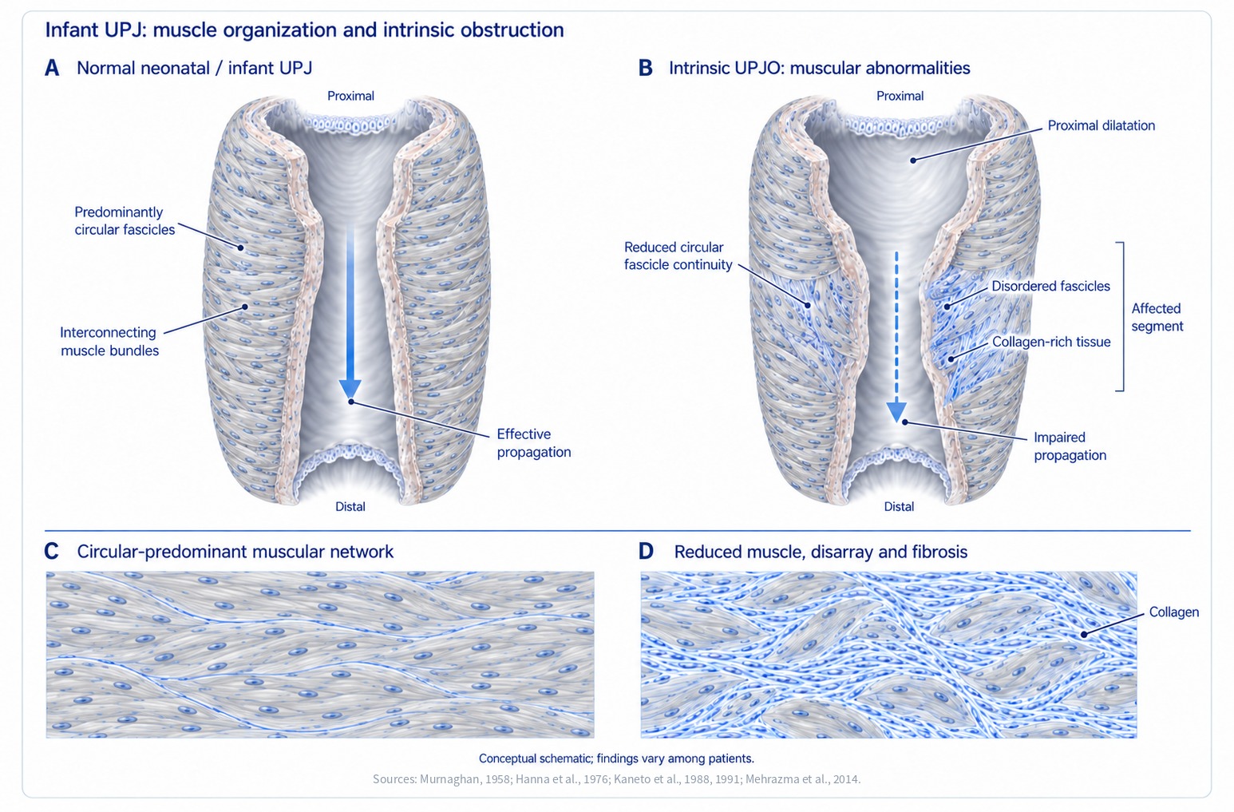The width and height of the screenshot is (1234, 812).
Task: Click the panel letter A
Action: coord(52,69)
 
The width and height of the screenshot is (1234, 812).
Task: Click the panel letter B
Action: coord(645,69)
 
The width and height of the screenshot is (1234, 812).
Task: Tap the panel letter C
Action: coord(51,552)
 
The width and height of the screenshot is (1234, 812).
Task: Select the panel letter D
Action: coord(646,552)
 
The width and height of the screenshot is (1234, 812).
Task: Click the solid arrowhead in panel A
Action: coord(350,388)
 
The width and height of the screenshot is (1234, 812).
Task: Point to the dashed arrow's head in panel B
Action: coord(896,411)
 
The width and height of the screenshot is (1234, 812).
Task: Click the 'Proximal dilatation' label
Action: coord(1102,125)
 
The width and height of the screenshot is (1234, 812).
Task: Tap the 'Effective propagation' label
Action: coord(534,443)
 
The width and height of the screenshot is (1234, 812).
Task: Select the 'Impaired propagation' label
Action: coord(1070,446)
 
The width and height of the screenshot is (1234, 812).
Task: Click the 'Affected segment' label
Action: coord(1157,317)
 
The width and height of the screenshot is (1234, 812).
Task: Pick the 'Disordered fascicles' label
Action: coord(1050,287)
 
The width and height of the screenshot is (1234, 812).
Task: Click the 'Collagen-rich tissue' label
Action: coord(1051,342)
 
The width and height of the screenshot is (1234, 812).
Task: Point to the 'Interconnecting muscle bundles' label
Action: coord(109,342)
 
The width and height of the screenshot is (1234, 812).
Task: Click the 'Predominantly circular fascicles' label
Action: coord(125,221)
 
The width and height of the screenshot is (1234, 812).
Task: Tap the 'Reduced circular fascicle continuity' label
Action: coord(678,256)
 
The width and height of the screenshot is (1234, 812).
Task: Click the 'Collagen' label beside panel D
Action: coord(1174,612)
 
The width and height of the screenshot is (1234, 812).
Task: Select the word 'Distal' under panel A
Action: coord(350,507)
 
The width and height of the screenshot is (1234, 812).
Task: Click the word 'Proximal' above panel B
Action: coord(900,96)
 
